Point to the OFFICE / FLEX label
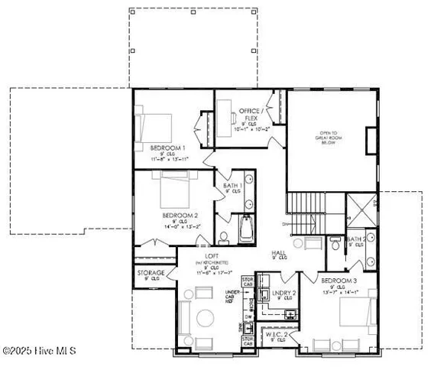(251, 112)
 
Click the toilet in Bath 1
(223, 235)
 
